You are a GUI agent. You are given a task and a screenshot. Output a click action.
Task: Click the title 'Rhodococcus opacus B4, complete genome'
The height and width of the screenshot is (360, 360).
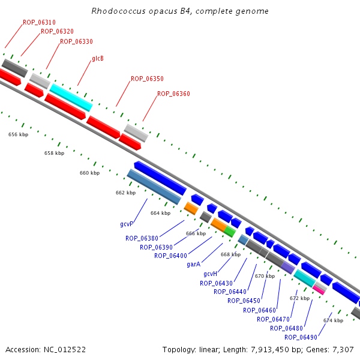click(x=180, y=11)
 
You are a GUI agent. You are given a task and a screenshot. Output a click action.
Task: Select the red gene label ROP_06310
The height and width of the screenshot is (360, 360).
click(x=39, y=23)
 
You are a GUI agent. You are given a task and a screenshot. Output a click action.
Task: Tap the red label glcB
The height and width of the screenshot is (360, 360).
click(x=98, y=59)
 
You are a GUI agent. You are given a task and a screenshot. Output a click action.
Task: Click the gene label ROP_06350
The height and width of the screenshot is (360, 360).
click(x=147, y=79)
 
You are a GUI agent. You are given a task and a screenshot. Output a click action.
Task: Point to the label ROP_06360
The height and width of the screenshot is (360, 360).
click(x=173, y=94)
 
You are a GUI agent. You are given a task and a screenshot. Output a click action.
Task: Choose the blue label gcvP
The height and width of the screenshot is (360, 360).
click(x=126, y=224)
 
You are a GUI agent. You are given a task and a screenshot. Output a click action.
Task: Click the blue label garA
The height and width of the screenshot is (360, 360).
click(x=193, y=264)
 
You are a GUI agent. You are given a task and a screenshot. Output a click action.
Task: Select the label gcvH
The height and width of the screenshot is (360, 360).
click(x=210, y=274)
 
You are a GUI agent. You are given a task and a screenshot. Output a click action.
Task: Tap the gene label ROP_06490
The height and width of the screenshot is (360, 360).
click(x=301, y=337)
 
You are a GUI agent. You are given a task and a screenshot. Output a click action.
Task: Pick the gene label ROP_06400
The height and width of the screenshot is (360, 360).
click(x=170, y=256)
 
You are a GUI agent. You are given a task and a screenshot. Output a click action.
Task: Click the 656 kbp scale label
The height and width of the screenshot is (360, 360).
click(x=18, y=135)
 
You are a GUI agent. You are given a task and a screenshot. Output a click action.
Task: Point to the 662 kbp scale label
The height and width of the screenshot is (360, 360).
click(x=125, y=193)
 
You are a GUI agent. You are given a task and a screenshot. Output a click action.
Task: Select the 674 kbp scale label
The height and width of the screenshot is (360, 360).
click(x=333, y=320)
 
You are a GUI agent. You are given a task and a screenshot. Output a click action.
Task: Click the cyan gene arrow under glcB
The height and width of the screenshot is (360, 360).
click(x=71, y=97)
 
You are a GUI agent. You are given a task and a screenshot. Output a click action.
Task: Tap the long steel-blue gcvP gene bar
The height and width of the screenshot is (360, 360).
click(x=154, y=187)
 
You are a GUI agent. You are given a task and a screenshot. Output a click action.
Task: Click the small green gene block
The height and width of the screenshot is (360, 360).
click(x=230, y=231)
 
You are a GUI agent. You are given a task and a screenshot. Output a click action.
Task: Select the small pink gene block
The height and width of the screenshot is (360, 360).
click(x=319, y=289)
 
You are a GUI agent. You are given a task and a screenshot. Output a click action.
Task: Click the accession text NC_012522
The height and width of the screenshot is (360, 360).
click(x=46, y=349)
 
